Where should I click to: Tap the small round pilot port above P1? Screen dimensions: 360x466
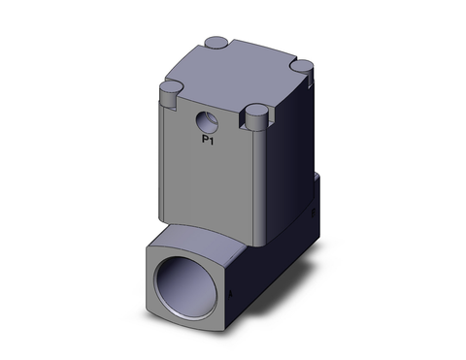206,123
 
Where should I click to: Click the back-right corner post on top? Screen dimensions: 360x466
301,66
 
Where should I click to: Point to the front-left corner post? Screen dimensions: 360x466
170,90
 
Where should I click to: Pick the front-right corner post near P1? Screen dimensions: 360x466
258,116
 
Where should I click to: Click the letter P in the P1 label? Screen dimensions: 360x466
203,141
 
